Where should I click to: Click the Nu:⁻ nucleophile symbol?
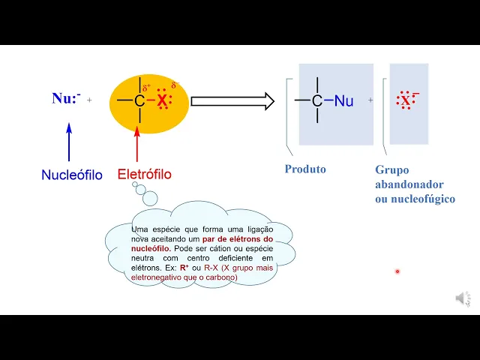(x=66, y=98)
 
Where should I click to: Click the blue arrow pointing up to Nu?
(x=69, y=141)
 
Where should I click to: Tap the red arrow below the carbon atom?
(x=137, y=144)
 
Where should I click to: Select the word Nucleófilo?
(x=72, y=175)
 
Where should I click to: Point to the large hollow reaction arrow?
(x=232, y=100)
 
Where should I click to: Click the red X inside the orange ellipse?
(x=162, y=100)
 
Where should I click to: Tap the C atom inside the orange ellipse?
(x=139, y=100)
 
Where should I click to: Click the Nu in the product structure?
(x=343, y=100)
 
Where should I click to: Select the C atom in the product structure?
(x=317, y=100)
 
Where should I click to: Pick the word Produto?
(x=305, y=169)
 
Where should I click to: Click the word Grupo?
(x=392, y=170)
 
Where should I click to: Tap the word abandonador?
(x=409, y=184)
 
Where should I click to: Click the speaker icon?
(x=463, y=298)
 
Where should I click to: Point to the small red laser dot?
(x=397, y=271)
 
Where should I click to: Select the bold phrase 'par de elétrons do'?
(x=237, y=238)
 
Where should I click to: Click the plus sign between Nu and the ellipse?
(x=90, y=99)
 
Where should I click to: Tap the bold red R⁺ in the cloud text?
(x=183, y=268)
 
